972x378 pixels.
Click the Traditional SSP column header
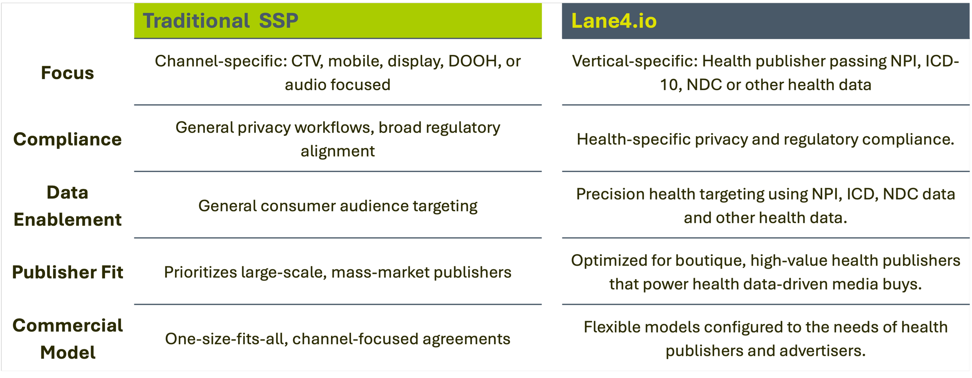click(220, 21)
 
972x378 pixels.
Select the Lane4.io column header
click(614, 21)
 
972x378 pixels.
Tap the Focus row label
click(67, 73)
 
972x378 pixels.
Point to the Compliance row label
click(67, 139)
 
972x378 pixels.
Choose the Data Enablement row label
click(67, 206)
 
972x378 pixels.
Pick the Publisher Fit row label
click(67, 272)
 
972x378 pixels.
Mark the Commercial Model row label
click(67, 339)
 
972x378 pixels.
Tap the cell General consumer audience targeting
click(337, 206)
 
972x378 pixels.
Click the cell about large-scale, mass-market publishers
click(337, 272)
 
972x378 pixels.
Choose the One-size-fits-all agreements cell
click(337, 339)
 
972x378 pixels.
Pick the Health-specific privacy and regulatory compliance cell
click(765, 139)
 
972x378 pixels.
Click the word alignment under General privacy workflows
click(337, 151)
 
